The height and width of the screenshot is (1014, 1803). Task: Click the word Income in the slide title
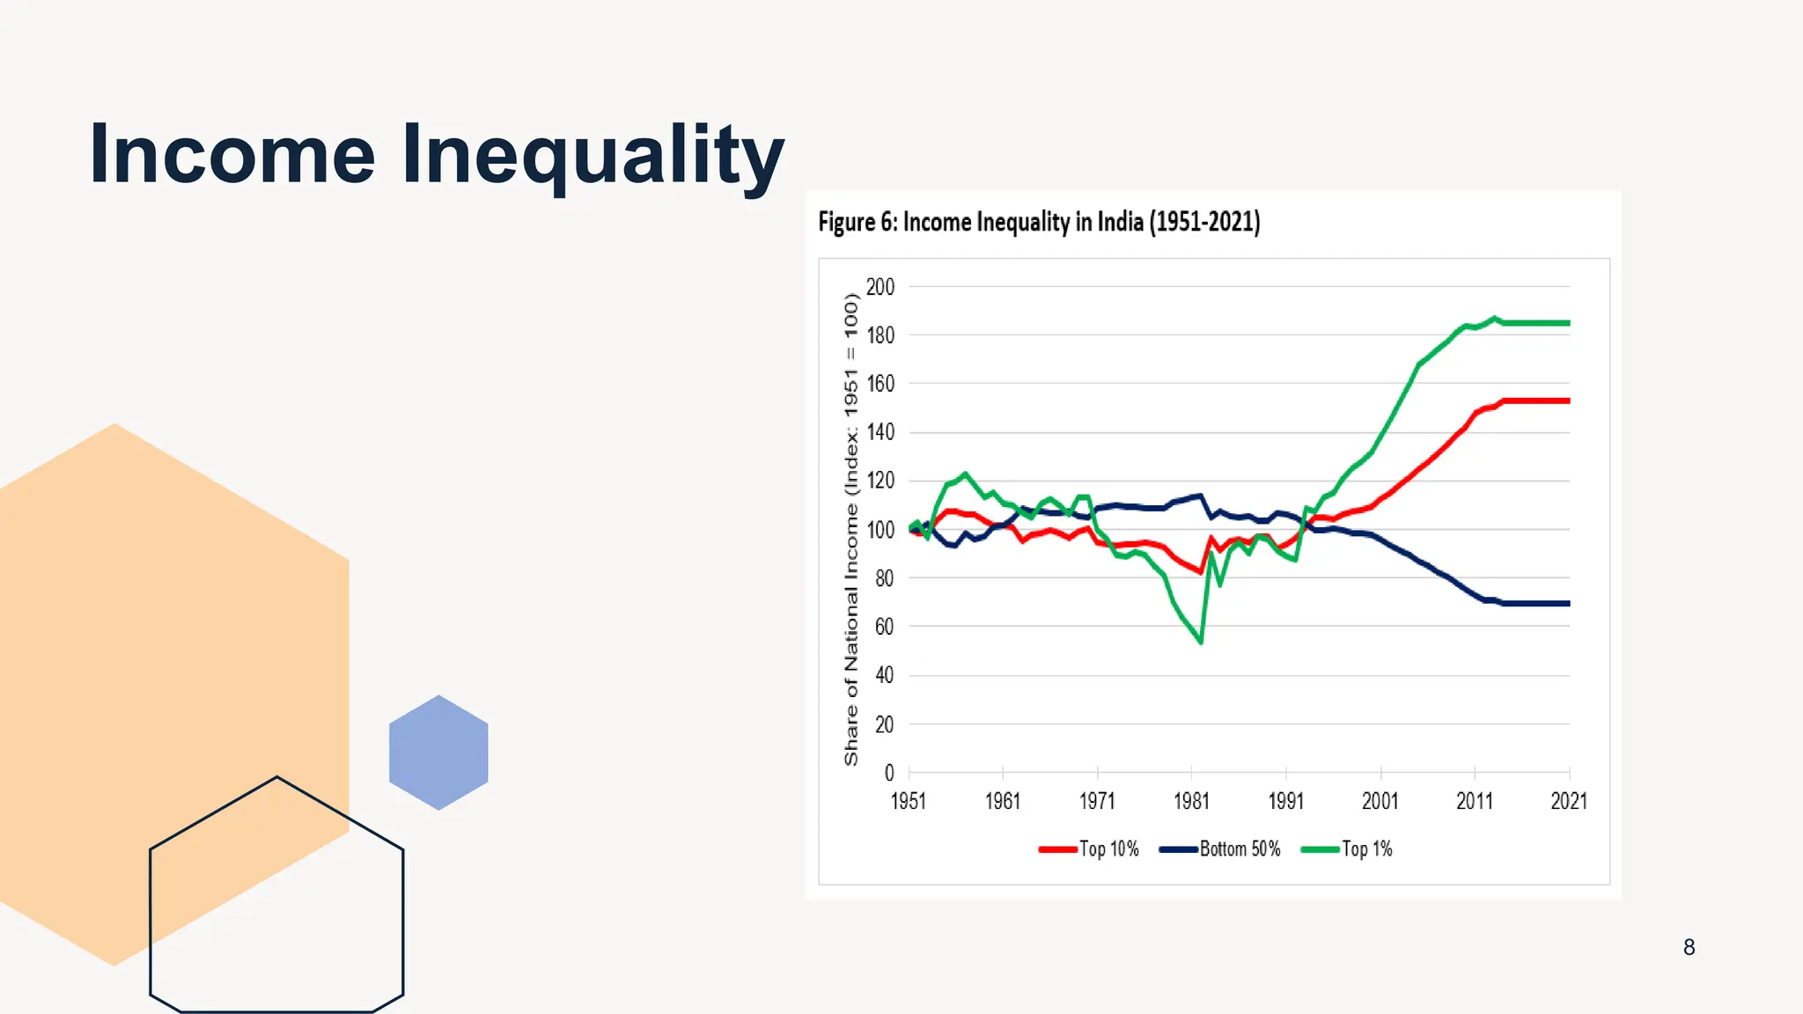click(x=232, y=155)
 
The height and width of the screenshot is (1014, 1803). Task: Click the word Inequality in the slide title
click(x=592, y=155)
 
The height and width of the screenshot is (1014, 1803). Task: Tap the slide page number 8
click(x=1689, y=947)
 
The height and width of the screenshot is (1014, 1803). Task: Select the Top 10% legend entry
click(x=1089, y=849)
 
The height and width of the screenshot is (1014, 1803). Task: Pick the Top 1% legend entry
click(x=1347, y=849)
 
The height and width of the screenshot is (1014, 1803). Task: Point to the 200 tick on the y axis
click(x=879, y=287)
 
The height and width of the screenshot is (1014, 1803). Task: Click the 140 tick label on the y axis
click(x=879, y=432)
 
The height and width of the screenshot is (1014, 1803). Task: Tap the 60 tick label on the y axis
click(x=883, y=627)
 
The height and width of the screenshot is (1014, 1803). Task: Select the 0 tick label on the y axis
click(x=888, y=773)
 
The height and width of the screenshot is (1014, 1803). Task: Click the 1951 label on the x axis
click(x=909, y=801)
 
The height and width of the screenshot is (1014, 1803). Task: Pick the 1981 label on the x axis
click(x=1191, y=801)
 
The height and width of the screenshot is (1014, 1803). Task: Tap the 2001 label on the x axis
click(x=1380, y=801)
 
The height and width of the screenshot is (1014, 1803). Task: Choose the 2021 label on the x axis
click(x=1568, y=801)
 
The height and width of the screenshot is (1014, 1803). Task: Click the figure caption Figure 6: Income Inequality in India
click(x=1039, y=222)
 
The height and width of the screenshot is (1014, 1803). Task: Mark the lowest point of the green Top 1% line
click(x=1201, y=642)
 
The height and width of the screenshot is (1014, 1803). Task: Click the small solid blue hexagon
click(x=438, y=753)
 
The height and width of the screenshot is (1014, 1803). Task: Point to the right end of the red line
click(x=1568, y=400)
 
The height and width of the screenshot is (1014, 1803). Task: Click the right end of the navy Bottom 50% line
click(x=1568, y=604)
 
